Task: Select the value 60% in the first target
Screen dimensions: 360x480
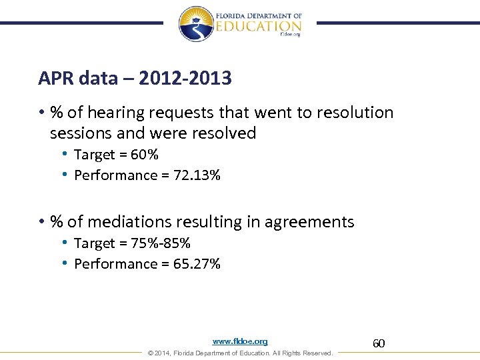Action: pos(145,155)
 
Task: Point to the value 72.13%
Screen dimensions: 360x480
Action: pos(197,175)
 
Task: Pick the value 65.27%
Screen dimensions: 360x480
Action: pos(197,264)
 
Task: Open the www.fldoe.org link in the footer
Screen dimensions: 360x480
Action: pos(240,341)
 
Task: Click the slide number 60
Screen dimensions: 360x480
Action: pos(379,343)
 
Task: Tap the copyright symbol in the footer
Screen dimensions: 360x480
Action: pos(150,353)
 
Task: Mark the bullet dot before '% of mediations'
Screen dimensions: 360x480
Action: pos(41,222)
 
